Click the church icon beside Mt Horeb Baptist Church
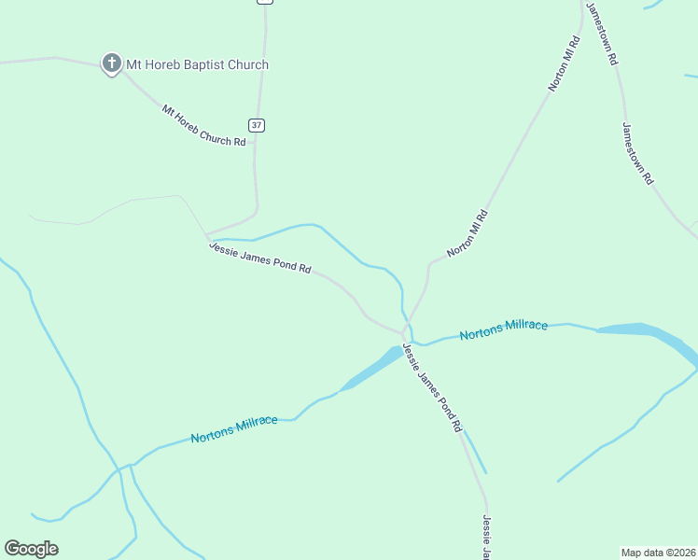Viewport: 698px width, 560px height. [111, 63]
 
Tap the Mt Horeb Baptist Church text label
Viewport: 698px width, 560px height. [197, 64]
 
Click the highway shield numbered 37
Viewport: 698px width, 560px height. [257, 125]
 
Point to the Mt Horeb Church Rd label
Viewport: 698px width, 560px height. [203, 125]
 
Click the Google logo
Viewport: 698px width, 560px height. [31, 549]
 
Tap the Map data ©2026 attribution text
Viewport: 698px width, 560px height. [658, 552]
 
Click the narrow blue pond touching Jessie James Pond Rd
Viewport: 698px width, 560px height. [373, 368]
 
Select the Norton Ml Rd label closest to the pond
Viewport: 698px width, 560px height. [468, 233]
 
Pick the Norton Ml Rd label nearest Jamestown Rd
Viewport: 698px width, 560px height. [565, 63]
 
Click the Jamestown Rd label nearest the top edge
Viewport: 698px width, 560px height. [602, 33]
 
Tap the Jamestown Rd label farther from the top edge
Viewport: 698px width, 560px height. [638, 154]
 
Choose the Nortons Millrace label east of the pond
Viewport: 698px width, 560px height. [504, 329]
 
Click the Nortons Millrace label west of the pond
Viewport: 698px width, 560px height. [234, 429]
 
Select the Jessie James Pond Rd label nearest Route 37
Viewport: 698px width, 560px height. [259, 258]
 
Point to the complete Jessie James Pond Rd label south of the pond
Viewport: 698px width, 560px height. [433, 387]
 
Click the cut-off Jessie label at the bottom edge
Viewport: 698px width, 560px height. [486, 537]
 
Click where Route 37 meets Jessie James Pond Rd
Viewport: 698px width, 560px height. [207, 234]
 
